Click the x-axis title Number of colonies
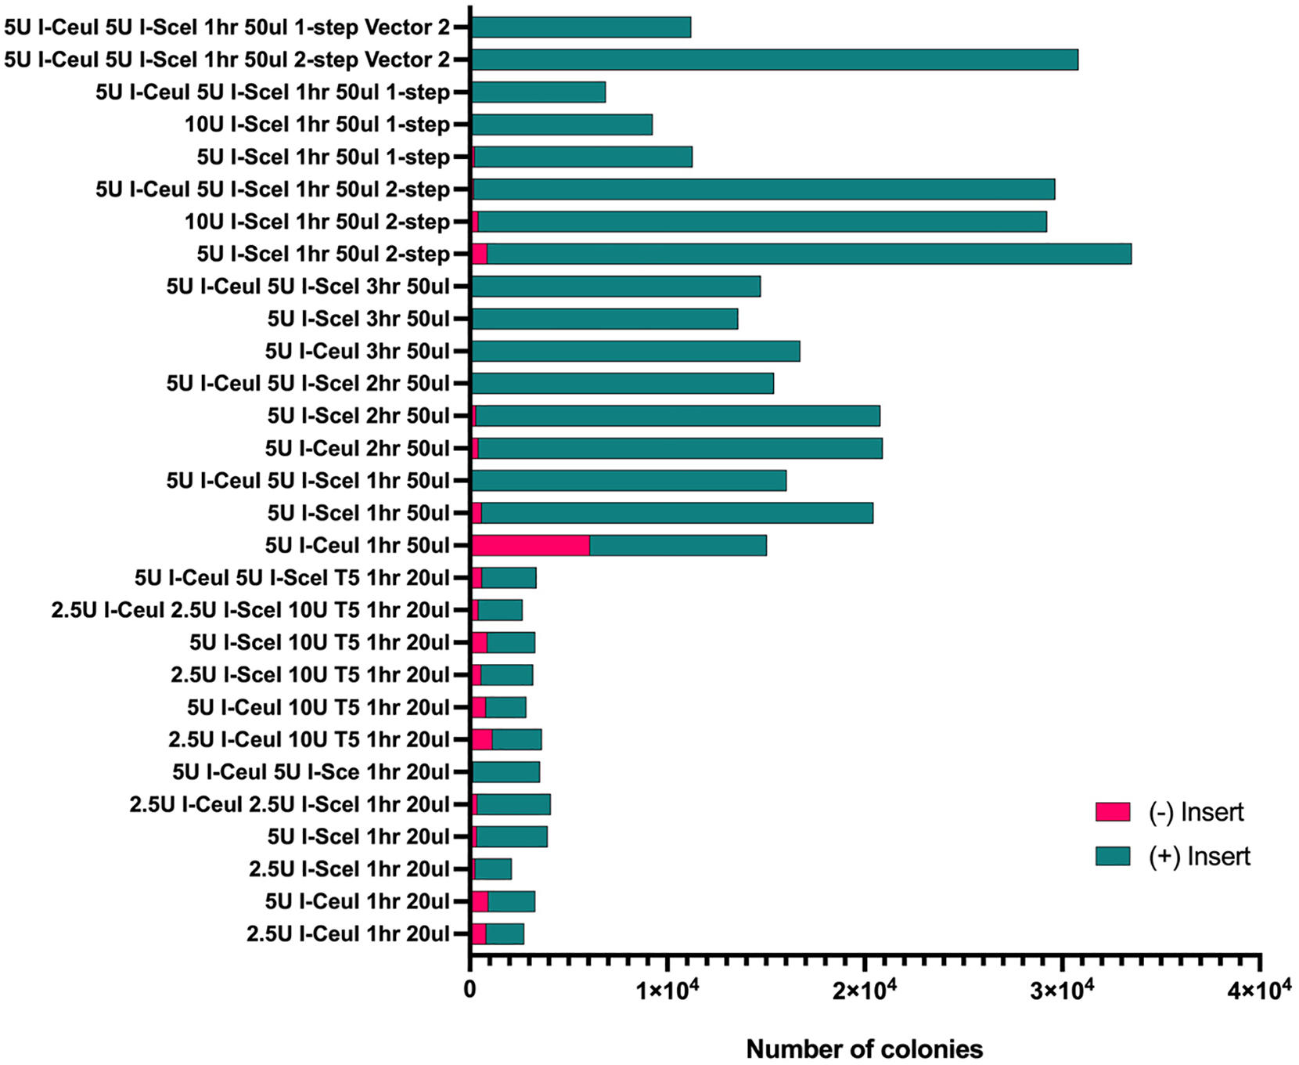point(864,1049)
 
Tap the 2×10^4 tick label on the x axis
point(864,991)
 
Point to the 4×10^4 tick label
point(1258,991)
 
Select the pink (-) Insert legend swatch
point(1112,812)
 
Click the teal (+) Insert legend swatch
point(1112,856)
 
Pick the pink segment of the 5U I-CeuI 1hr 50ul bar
point(531,545)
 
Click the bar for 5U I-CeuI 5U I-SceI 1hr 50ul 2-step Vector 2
point(774,60)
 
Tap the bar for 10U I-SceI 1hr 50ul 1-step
point(561,125)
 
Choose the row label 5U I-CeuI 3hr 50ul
point(358,351)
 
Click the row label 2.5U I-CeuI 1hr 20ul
point(348,933)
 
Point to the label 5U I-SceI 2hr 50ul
point(358,416)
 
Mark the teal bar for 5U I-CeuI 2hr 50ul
point(679,448)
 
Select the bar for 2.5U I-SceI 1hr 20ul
point(493,869)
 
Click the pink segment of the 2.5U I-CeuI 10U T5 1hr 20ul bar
point(481,739)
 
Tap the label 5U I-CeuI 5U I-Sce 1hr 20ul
point(311,772)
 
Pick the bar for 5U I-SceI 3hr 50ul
point(604,319)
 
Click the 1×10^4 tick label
point(667,991)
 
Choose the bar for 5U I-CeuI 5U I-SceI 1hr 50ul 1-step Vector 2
point(581,27)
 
